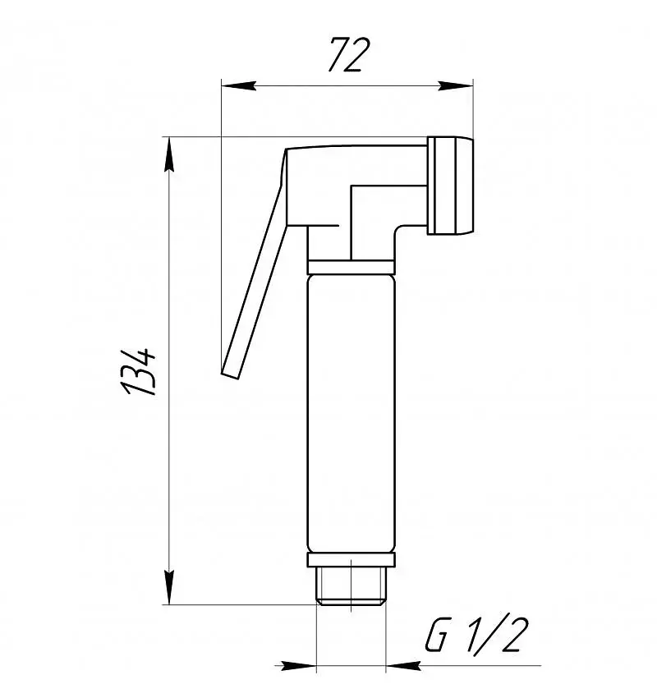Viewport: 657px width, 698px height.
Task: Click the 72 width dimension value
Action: click(349, 55)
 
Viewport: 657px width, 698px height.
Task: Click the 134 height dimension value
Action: click(139, 370)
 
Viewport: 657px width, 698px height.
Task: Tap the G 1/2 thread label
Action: click(476, 636)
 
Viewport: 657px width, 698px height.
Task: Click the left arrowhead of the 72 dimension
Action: click(239, 85)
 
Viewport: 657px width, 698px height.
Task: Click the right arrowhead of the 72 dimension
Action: click(455, 85)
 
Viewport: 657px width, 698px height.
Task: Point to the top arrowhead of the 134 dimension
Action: click(168, 154)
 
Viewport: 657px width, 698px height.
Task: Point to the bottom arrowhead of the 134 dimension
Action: click(168, 587)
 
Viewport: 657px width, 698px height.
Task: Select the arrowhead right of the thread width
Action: click(403, 666)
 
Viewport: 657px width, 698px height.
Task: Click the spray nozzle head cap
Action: click(451, 186)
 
